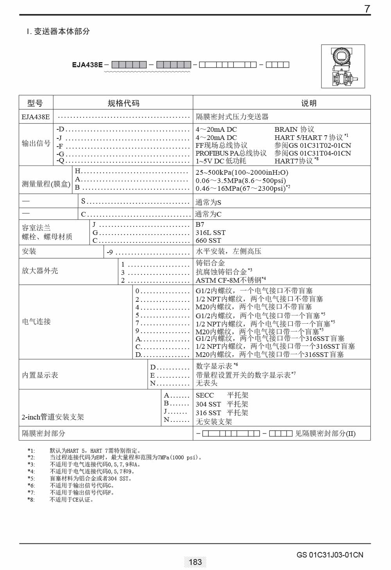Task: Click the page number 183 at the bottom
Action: coord(195,562)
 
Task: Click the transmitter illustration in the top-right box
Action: coord(343,66)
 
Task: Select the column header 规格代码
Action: coord(123,103)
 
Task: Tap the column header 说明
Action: coord(308,103)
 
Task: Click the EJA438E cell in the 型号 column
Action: coord(36,117)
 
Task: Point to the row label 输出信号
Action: coord(36,143)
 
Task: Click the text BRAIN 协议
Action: coord(294,129)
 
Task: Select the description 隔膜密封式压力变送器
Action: coord(232,117)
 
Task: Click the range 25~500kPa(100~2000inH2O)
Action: coord(242,172)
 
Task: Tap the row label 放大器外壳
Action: coord(40,271)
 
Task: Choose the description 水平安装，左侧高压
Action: coord(228,251)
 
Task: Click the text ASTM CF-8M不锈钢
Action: coord(228,280)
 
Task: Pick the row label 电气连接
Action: coord(36,321)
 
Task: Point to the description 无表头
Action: coord(206,383)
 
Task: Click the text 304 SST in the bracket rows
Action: coord(208,404)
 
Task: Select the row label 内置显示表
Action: coord(40,375)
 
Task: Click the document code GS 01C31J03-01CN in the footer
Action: coord(330,555)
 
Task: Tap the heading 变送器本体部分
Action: coord(62,31)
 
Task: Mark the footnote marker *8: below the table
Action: coord(31,500)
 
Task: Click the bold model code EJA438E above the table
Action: coord(87,65)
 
